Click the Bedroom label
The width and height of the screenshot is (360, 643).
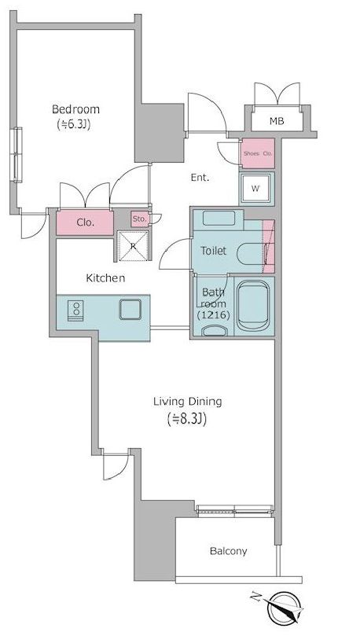(76, 110)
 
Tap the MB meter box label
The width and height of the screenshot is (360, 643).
(277, 121)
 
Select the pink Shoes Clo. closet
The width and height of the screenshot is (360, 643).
(258, 153)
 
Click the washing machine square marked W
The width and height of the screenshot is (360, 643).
(256, 189)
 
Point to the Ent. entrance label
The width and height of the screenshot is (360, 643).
(200, 178)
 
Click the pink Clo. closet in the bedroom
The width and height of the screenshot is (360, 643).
(85, 222)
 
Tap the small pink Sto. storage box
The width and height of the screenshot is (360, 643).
(140, 219)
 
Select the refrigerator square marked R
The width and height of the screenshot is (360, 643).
(133, 246)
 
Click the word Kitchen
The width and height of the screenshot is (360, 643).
(105, 278)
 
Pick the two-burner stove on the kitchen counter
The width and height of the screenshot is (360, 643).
(76, 308)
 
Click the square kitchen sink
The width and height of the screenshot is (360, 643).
(130, 309)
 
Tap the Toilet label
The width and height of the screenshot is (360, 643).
(213, 251)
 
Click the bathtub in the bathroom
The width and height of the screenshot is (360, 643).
(253, 306)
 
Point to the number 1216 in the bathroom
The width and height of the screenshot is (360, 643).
(213, 315)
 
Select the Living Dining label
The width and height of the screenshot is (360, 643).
(188, 402)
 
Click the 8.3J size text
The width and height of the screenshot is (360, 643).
(187, 419)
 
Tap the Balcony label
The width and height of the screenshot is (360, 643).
(229, 551)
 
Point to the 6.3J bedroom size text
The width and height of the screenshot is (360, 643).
(73, 124)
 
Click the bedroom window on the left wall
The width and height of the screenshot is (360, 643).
(17, 154)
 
